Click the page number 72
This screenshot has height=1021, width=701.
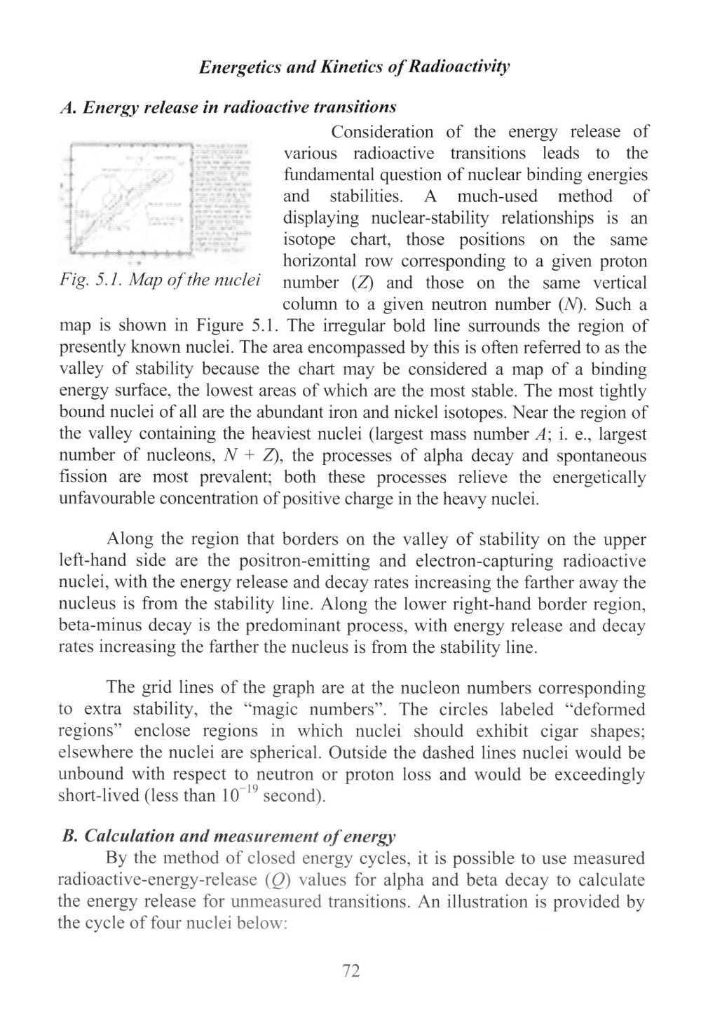tap(350, 971)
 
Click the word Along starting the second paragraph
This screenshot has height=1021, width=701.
tap(130, 540)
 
